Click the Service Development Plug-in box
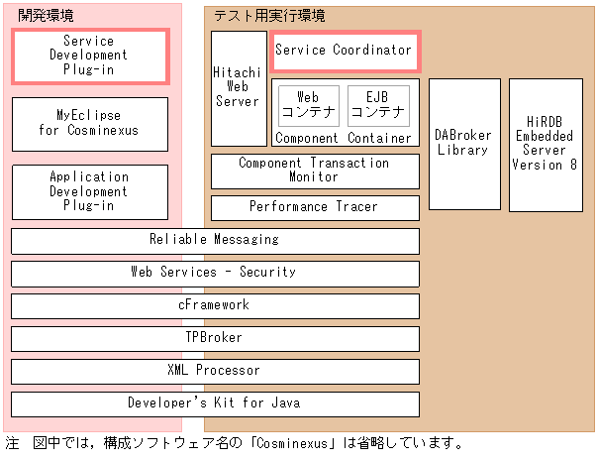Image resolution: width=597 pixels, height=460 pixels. pos(89,57)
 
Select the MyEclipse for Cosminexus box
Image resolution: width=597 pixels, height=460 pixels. pos(89,123)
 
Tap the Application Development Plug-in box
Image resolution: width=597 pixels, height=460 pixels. pos(89,191)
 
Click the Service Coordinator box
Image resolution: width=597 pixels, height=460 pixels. pos(344,51)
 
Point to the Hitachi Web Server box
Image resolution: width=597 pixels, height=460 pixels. pos(238,87)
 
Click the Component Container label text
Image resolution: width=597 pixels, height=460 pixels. pos(344,138)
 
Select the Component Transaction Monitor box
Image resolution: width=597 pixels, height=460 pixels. pos(314,171)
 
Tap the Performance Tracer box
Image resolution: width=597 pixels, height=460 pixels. pos(314,207)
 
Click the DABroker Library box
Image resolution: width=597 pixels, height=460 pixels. pos(463,144)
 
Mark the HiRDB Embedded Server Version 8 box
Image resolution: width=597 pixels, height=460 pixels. pos(545,144)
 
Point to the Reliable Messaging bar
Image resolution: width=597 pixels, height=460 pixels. pos(215,240)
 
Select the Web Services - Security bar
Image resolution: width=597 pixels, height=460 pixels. pos(215,273)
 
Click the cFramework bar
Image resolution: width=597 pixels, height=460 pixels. pos(215,305)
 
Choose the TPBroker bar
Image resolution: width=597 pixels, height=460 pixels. pos(215,338)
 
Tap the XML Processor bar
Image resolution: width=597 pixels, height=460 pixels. pos(215,371)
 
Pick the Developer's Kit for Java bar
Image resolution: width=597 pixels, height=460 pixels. pos(215,403)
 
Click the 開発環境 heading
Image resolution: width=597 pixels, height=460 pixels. pos(46,16)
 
